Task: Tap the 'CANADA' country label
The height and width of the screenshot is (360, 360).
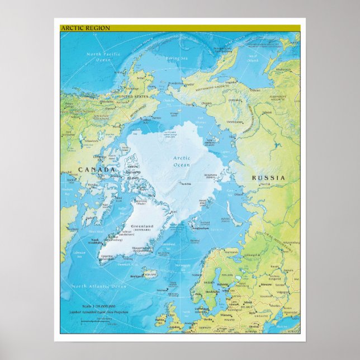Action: [x=96, y=169]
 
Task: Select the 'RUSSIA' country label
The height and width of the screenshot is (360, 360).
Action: [x=269, y=178]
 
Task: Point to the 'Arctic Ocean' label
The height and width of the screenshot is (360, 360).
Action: [x=182, y=162]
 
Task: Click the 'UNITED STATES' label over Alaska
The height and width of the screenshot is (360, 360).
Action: [x=132, y=97]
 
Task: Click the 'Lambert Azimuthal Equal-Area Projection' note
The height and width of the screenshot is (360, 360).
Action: [x=100, y=312]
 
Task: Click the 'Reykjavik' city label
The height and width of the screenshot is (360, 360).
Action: [x=134, y=276]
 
